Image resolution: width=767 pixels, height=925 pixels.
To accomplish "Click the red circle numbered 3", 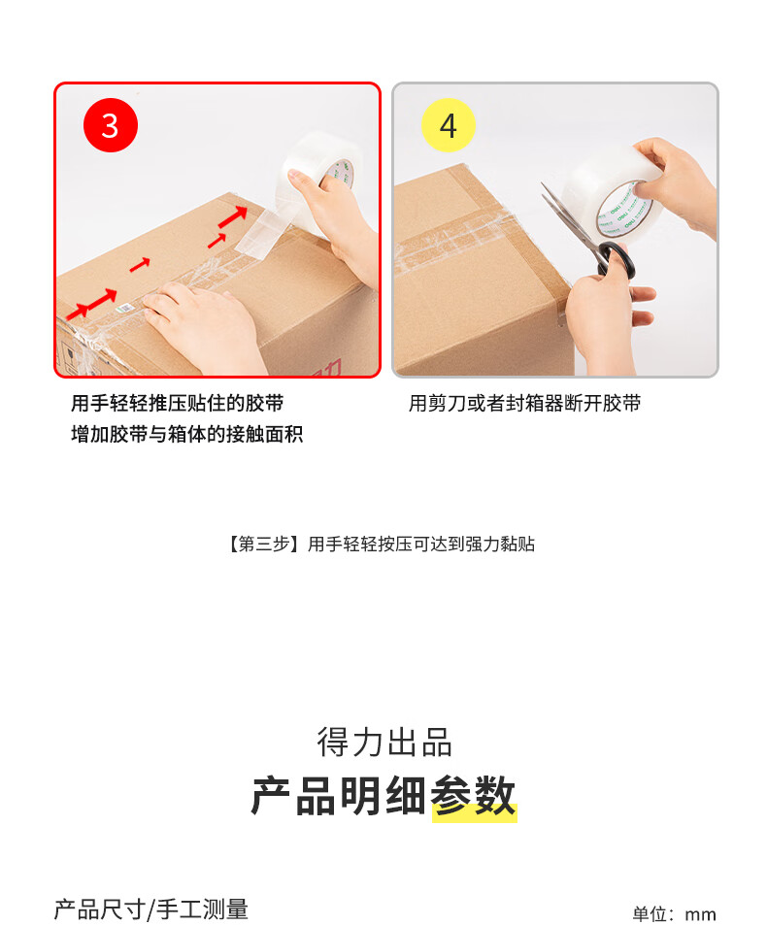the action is [111, 125].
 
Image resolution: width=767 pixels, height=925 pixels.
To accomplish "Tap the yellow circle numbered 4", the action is [449, 125].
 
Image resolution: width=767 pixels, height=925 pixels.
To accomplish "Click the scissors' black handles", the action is [617, 258].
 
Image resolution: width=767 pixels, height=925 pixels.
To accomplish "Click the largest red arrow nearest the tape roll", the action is [233, 216].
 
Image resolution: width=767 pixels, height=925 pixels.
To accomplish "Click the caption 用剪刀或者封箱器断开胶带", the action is [524, 404].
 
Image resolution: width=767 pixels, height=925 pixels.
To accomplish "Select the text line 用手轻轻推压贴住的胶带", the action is [177, 404].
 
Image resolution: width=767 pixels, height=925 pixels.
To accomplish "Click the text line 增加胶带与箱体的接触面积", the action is [186, 434].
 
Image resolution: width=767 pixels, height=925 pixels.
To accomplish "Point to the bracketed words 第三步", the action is [264, 544].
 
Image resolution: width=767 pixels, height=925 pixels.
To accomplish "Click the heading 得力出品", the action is [384, 743].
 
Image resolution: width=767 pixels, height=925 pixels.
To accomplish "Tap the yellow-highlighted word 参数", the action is [474, 797].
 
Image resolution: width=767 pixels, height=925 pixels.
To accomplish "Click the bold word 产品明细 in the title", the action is [339, 797].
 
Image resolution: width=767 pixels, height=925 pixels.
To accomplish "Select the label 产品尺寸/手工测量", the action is [151, 909].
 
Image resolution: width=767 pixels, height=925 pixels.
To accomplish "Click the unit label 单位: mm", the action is [674, 913].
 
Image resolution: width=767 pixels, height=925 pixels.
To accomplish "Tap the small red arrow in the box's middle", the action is [140, 265].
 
